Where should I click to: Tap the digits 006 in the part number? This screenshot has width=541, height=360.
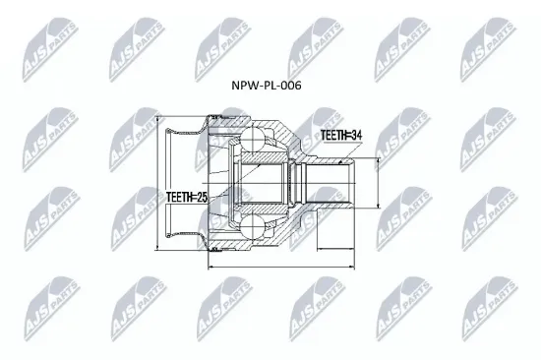point(290,86)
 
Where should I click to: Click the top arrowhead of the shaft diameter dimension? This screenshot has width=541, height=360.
point(375,160)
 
